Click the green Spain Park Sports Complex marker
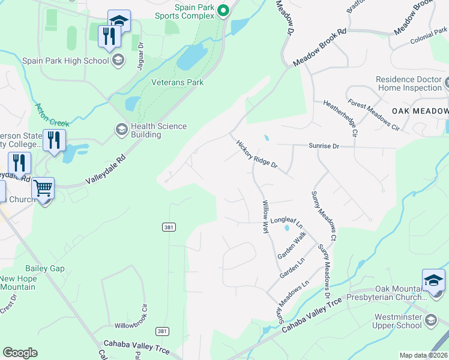pos(224,10)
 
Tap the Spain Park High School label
pos(65,61)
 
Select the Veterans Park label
pos(177,82)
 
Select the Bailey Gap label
pos(44,269)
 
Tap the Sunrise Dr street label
pos(324,146)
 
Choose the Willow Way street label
pos(265,217)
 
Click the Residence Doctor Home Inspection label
pos(408,83)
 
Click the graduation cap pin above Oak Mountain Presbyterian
pos(433,280)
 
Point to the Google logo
pos(20,353)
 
